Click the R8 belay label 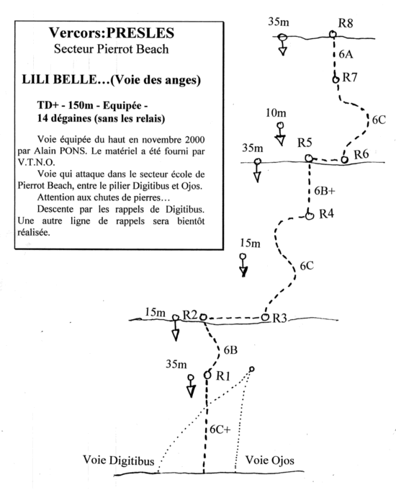click(346, 23)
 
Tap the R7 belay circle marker click(335, 79)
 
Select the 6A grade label click(346, 54)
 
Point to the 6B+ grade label click(325, 190)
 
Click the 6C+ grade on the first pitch click(220, 429)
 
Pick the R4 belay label click(326, 214)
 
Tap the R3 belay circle click(265, 317)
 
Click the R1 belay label click(223, 375)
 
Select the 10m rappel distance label click(276, 113)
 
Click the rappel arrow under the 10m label click(280, 134)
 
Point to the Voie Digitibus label click(118, 460)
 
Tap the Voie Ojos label click(269, 460)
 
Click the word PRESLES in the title click(140, 33)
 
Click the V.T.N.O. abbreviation click(36, 163)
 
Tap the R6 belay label click(361, 154)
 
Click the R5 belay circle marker click(309, 159)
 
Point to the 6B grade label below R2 click(230, 350)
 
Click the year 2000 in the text click(195, 139)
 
